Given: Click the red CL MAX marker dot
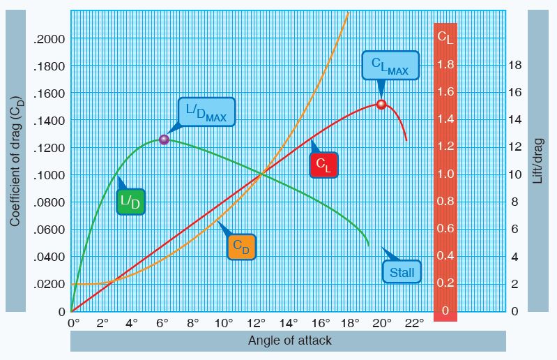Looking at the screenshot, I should (381, 104).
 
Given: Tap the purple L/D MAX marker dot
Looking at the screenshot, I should (165, 140).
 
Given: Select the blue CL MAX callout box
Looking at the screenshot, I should (390, 66).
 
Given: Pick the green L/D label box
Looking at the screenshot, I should (130, 202).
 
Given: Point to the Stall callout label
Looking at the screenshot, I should (402, 271).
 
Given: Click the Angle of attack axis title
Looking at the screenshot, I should (290, 340).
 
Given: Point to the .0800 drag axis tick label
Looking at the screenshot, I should (49, 202).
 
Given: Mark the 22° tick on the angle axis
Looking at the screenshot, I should (414, 323).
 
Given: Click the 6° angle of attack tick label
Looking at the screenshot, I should (163, 323).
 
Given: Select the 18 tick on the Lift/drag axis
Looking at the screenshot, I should (514, 66).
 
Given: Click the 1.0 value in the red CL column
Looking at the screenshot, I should (445, 174).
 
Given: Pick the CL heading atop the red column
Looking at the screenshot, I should (445, 38).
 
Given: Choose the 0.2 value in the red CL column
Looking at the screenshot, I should (445, 283).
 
